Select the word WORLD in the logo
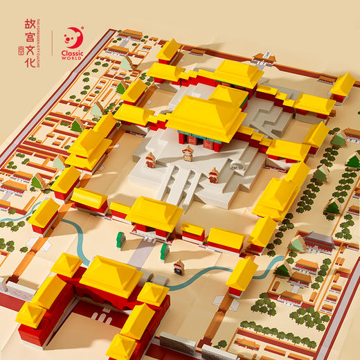73,59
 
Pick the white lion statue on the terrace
236,164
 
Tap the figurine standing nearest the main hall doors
188,153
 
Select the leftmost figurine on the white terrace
150,160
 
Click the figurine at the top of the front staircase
213,175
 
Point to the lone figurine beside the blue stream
179,267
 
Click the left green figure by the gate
120,240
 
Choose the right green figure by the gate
164,251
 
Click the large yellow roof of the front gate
111,275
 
